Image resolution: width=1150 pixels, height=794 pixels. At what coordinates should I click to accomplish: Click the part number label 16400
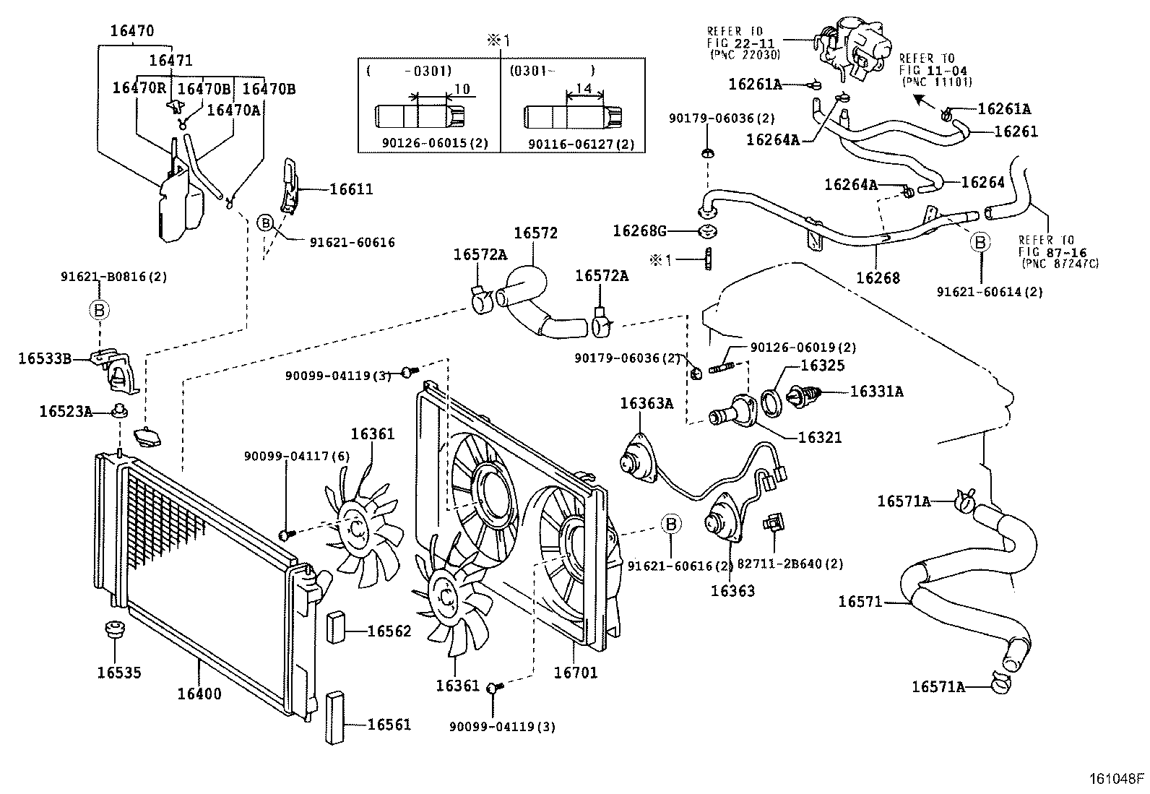[199, 694]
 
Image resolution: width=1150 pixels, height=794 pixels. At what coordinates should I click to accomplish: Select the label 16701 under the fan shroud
[576, 673]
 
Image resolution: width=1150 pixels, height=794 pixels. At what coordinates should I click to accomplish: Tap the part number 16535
[119, 673]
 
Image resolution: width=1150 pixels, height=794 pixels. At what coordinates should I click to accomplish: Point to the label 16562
[389, 631]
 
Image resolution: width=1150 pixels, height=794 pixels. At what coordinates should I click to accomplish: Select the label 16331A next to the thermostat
[876, 392]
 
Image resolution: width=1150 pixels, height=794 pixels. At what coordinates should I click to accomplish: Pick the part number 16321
[820, 438]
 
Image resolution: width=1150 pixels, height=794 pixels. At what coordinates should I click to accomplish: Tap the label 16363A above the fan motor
[646, 403]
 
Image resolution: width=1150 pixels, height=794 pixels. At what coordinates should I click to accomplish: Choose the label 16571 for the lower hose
[860, 601]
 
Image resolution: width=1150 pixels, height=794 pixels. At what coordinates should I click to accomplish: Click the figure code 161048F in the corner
[1117, 779]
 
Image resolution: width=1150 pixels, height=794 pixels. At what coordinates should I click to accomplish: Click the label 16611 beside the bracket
[351, 189]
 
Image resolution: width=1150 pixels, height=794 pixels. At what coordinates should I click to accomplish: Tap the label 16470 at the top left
[131, 31]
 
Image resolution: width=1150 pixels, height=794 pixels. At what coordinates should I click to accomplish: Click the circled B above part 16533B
[99, 310]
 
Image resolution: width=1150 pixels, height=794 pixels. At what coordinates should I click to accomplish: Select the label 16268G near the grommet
[639, 231]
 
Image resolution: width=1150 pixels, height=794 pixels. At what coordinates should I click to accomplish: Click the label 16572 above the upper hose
[535, 233]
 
